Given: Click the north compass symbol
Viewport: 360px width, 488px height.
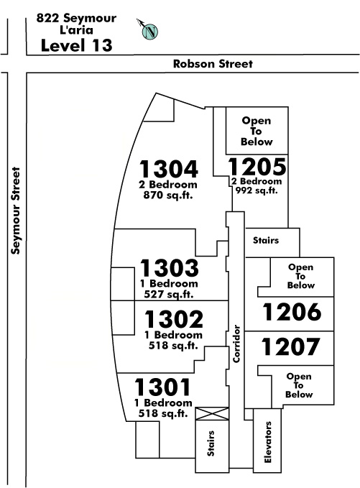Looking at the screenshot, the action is (149, 31).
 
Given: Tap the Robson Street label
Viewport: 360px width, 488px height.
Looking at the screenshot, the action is (213, 64).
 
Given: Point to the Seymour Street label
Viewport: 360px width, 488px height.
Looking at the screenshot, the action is (16, 211).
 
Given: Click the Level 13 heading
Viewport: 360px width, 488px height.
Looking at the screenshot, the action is (76, 45).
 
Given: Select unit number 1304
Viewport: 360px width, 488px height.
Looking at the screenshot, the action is (168, 169).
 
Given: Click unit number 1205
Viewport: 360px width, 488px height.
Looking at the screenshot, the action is (257, 167).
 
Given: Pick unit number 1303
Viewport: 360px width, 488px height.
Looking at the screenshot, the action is (170, 267).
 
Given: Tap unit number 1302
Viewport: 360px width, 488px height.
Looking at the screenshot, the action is (174, 319).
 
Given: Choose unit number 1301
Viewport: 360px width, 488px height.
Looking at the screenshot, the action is (162, 387).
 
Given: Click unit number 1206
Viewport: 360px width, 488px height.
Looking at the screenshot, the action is (292, 312).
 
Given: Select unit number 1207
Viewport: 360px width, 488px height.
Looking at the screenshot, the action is (290, 346).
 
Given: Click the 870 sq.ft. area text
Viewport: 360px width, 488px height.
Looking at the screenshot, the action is (168, 195).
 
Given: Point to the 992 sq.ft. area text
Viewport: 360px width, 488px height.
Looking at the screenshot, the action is (257, 190).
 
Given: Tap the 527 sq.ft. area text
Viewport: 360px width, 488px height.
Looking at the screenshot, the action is (169, 294).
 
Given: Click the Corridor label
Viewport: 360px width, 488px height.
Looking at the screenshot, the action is (237, 344).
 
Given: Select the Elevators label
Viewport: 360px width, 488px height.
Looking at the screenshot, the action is (267, 442).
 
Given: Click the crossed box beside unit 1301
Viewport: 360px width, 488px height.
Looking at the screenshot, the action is (212, 414).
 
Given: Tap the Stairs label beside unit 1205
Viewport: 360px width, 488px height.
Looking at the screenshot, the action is (266, 240).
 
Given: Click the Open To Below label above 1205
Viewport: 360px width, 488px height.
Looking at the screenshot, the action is (257, 131).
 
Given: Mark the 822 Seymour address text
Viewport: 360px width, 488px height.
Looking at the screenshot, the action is (76, 19).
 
